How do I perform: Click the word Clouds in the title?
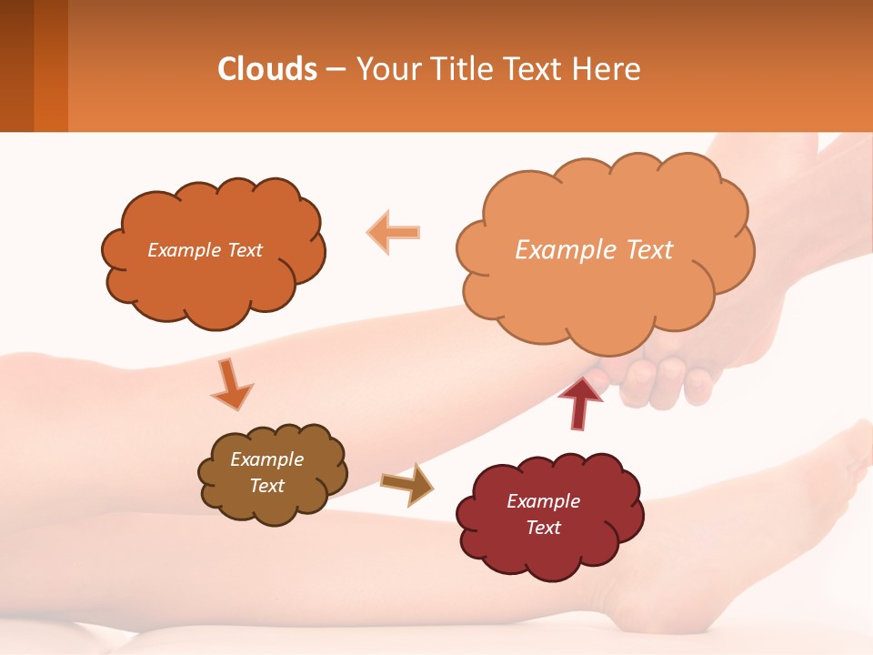point(267,69)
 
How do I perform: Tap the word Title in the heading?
point(462,69)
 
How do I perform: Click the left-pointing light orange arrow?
point(394,232)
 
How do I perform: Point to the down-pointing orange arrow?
point(231,384)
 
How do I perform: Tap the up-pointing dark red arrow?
point(580,401)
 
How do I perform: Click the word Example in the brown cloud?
point(266,459)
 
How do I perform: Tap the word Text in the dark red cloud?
point(543,528)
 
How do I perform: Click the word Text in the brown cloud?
point(266,486)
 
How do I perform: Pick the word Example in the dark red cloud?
point(543,501)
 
